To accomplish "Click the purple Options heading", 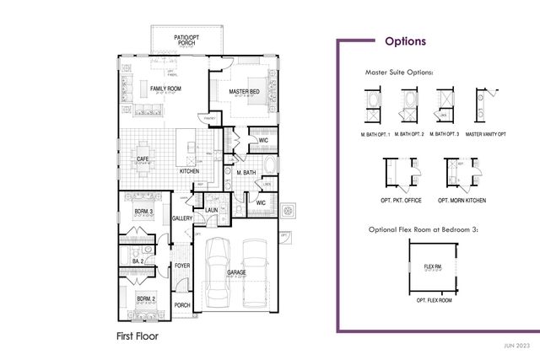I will (405, 40).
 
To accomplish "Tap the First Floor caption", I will (137, 335).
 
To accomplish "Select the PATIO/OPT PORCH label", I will (186, 39).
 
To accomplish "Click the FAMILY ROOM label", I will (166, 88).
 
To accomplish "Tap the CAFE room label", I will (143, 158).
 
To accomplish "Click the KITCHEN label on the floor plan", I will (189, 171).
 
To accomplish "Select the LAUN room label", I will (212, 211).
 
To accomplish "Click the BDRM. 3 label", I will (143, 209).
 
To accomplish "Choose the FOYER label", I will (183, 265).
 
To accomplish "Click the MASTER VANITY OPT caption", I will (486, 134).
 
